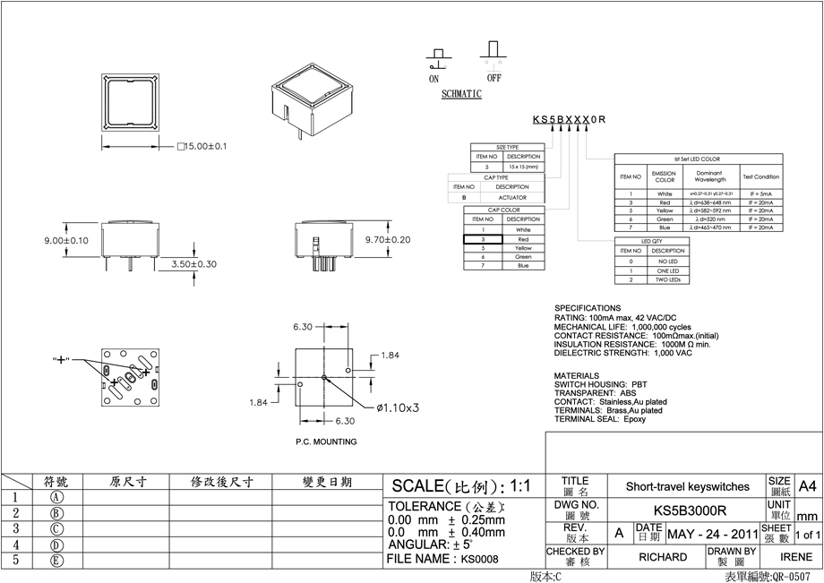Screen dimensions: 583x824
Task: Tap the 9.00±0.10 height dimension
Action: pos(66,241)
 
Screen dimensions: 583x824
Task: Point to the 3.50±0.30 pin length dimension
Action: pos(193,264)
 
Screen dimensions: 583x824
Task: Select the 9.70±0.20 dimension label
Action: pos(388,240)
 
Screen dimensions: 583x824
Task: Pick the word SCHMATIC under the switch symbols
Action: pos(462,93)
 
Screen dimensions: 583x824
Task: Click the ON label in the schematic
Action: pos(434,79)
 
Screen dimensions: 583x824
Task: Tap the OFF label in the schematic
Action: pos(494,78)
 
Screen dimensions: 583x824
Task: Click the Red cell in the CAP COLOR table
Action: pos(523,240)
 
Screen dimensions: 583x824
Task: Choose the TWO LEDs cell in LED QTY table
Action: pos(668,279)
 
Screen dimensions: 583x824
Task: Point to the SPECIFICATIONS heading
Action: pos(588,308)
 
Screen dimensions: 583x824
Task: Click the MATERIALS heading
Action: pos(577,375)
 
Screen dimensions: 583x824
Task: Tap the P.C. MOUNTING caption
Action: pos(326,442)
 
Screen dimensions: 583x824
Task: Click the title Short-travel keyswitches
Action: pos(688,486)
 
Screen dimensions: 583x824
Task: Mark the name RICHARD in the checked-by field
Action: pos(663,557)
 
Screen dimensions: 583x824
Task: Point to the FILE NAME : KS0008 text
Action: pos(442,559)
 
